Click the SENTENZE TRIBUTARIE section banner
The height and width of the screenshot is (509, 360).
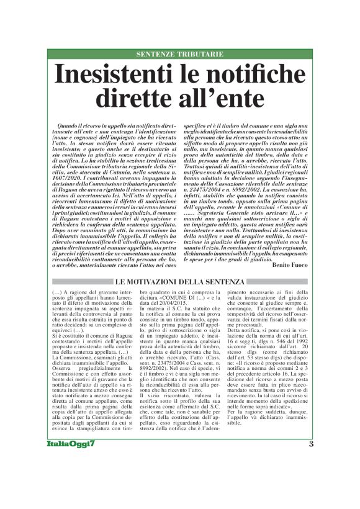pos(179,55)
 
